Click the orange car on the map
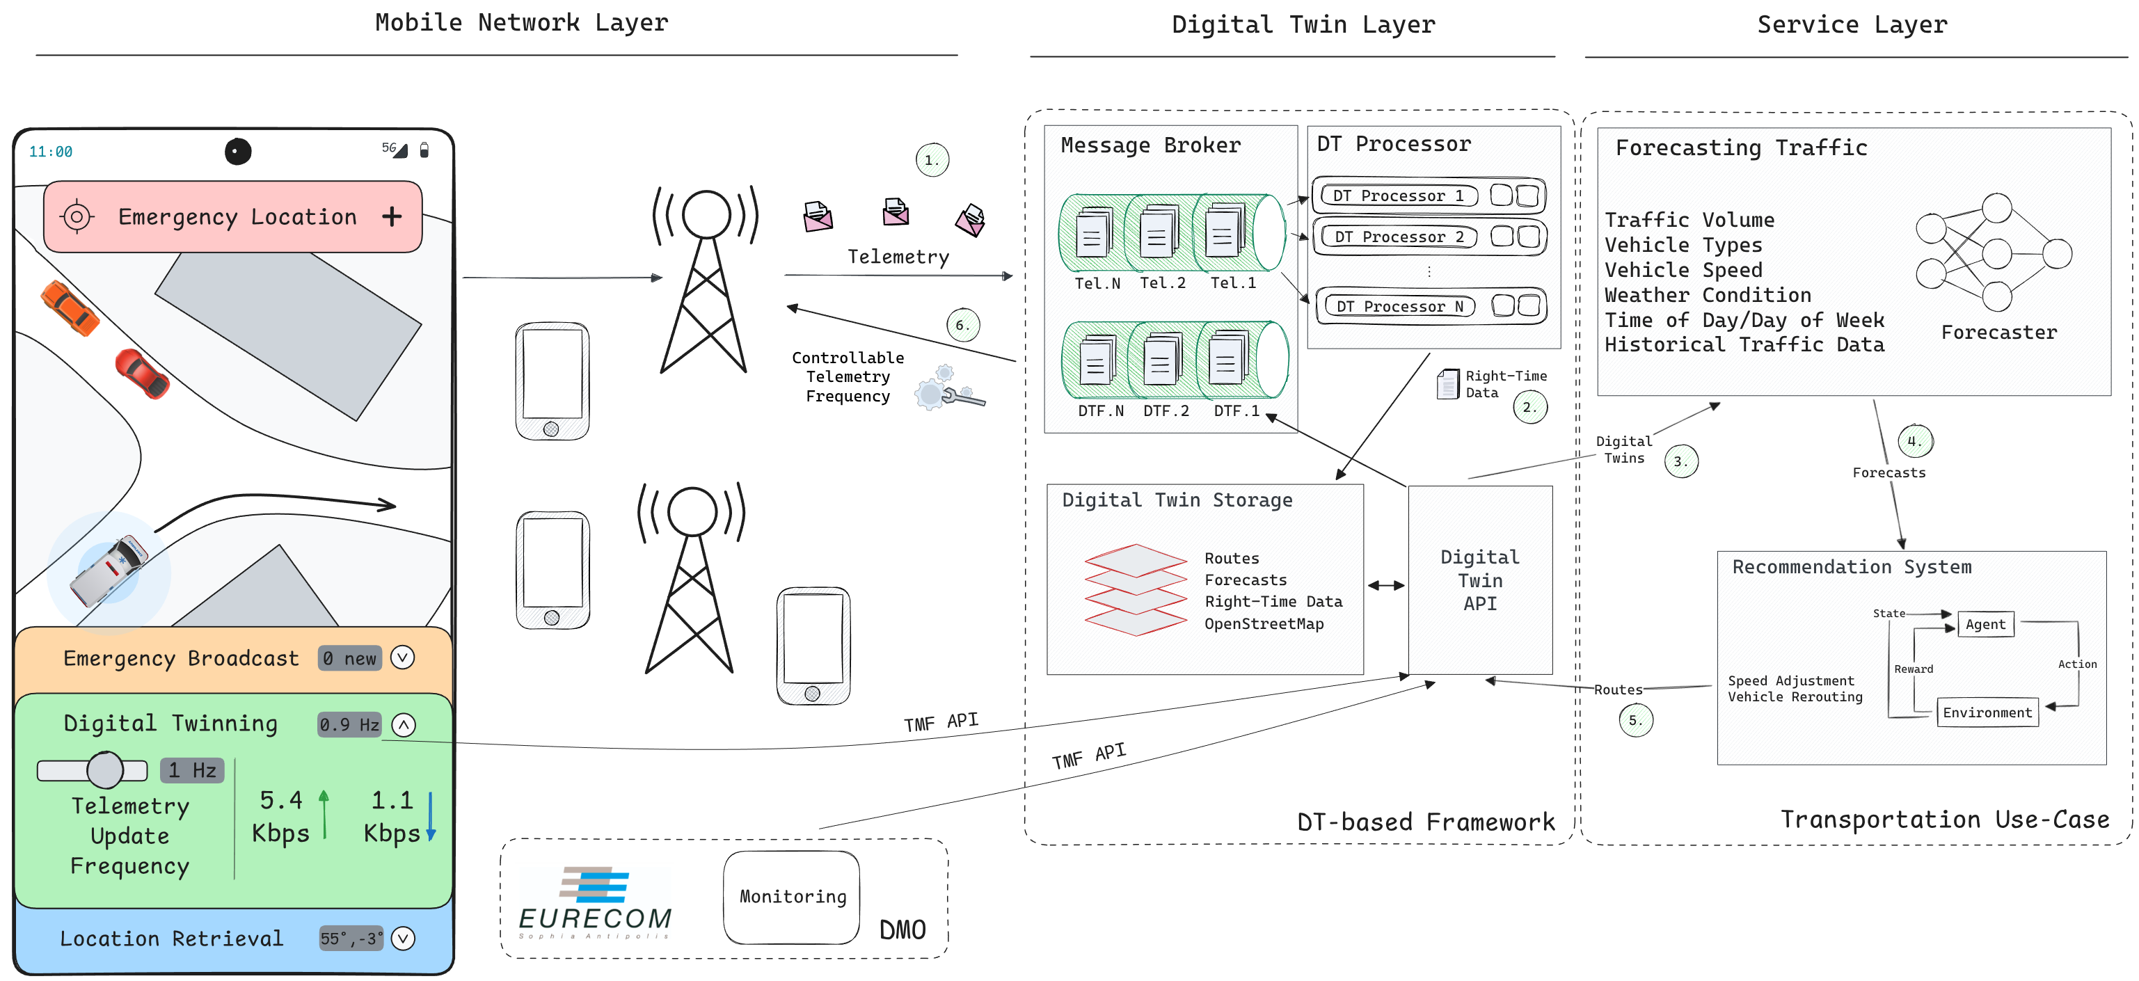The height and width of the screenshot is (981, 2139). (70, 308)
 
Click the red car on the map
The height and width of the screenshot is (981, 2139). (141, 374)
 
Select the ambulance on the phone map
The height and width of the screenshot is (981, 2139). (109, 571)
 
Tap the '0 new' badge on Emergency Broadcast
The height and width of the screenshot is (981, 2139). (349, 658)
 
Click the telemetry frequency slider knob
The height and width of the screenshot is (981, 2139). (106, 770)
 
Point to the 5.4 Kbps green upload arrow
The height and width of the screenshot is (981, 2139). (324, 814)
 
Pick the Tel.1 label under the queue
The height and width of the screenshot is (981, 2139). (1232, 283)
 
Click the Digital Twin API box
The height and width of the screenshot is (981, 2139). (1480, 580)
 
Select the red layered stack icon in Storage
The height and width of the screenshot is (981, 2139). (1135, 589)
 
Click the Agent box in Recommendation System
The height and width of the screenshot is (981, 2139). (1985, 625)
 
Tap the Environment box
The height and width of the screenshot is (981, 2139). (1987, 713)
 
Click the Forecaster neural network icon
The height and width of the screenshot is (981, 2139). (1994, 253)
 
